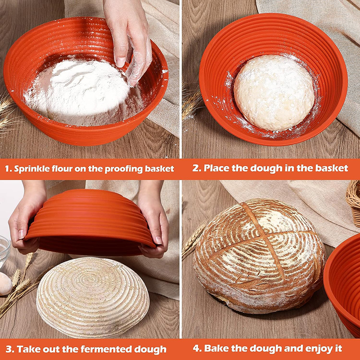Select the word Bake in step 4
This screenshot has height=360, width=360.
(215, 348)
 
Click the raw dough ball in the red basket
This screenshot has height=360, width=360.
(274, 93)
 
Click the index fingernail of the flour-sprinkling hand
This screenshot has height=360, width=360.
(121, 62)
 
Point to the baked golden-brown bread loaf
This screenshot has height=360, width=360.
(260, 256)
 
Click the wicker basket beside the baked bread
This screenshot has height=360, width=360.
(354, 202)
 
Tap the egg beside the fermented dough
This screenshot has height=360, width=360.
(5, 283)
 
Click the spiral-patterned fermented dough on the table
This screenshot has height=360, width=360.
(93, 297)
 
